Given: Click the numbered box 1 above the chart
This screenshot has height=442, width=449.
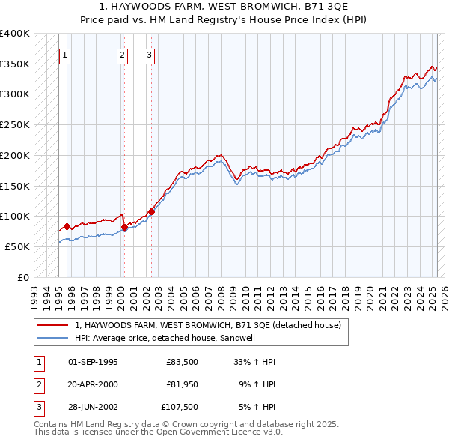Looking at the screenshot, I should (64, 55).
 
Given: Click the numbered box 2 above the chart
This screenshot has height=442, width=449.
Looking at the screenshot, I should (122, 55).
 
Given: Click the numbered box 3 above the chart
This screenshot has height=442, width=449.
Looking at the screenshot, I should (149, 55).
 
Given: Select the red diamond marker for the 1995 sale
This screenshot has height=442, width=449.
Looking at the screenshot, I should (67, 226).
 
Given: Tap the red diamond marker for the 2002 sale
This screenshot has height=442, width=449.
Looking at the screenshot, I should (151, 211).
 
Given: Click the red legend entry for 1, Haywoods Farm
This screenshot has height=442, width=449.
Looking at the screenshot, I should (208, 325).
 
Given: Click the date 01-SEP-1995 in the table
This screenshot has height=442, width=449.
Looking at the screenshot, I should (93, 362).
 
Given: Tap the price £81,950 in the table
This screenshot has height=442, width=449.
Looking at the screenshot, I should (182, 384).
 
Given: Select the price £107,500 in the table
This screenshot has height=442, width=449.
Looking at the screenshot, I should (180, 407).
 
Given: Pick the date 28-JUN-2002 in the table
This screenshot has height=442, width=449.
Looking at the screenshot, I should (93, 407).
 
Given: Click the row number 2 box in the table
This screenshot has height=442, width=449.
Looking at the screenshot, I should (38, 384).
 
